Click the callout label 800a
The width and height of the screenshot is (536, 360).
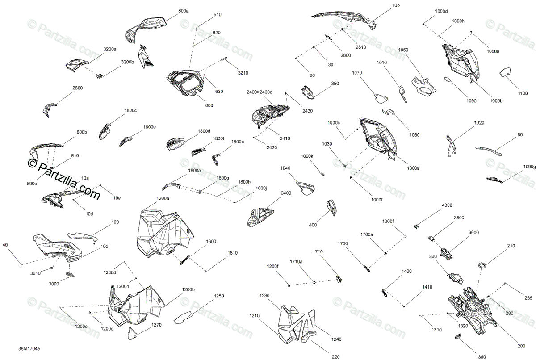(x=183, y=11)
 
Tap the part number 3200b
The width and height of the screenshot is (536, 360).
(x=127, y=62)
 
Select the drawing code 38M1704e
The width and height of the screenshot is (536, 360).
(x=29, y=349)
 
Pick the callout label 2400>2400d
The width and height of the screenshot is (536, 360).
(x=260, y=92)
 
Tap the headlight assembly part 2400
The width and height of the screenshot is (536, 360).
(x=270, y=115)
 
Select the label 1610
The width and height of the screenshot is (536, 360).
(x=233, y=253)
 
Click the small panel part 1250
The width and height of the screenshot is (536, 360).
(x=183, y=318)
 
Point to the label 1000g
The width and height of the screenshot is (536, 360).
(x=529, y=167)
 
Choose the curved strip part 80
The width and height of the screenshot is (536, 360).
(x=489, y=151)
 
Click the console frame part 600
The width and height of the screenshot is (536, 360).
(x=186, y=82)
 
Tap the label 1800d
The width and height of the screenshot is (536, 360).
(x=204, y=131)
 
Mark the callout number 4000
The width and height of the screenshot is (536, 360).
(x=447, y=205)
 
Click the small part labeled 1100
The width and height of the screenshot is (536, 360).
(x=505, y=72)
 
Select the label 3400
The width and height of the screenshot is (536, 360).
(x=286, y=193)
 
